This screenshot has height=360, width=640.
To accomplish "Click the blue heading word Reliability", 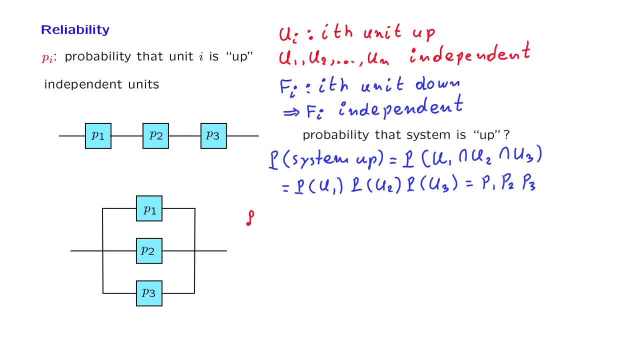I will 75,30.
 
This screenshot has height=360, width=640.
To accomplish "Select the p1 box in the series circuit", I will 98,136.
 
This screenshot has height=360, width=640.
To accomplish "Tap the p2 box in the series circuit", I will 155,136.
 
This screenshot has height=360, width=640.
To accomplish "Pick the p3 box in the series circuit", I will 213,136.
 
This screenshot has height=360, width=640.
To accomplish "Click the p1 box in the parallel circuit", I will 149,208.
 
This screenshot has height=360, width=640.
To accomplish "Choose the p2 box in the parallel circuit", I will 149,251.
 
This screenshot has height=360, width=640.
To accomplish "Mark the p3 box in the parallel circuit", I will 149,293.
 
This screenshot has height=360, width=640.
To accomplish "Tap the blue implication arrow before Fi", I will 291,112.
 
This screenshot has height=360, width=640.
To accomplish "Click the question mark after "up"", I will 506,135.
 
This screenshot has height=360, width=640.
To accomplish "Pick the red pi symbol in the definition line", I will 47,57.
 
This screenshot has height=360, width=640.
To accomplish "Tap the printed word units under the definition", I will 141,84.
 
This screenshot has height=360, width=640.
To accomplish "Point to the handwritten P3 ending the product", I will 529,184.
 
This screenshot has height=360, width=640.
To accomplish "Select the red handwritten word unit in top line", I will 382,33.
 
